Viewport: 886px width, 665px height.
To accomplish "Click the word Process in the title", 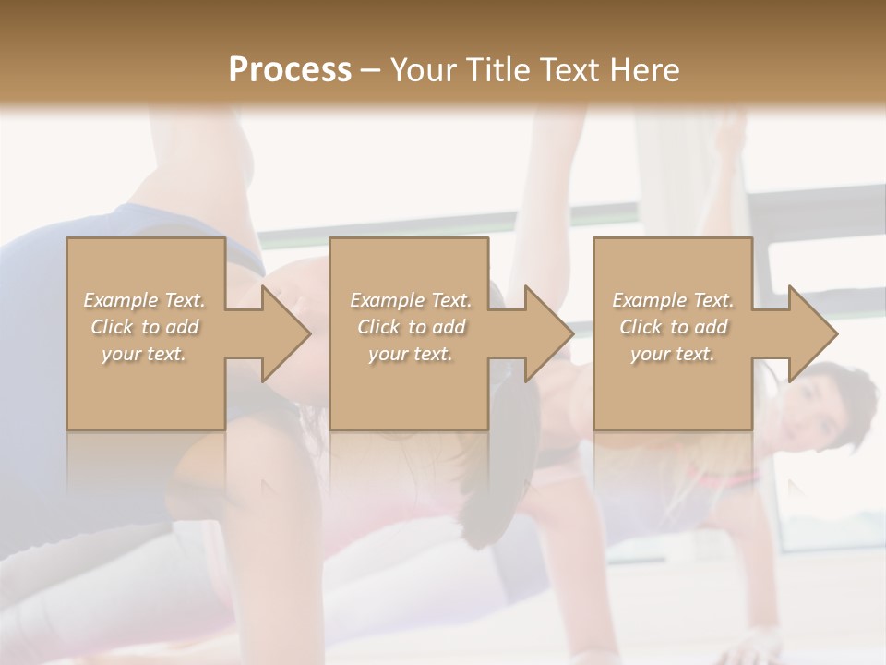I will pos(290,69).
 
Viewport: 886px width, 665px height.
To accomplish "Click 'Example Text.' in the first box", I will pos(145,300).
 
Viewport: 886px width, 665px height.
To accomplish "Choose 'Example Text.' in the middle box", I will pos(411,300).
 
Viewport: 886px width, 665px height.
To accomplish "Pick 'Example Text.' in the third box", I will pos(673,300).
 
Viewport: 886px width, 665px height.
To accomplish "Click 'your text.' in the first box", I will pos(144,354).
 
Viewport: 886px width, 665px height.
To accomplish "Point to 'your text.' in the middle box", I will pos(411,354).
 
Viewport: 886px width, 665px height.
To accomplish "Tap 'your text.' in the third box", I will pos(673,354).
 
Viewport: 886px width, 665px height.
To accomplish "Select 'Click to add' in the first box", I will pos(145,327).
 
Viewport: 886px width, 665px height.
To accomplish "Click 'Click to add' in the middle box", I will pos(411,327).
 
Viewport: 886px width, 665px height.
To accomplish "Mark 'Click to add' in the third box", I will pos(673,327).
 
